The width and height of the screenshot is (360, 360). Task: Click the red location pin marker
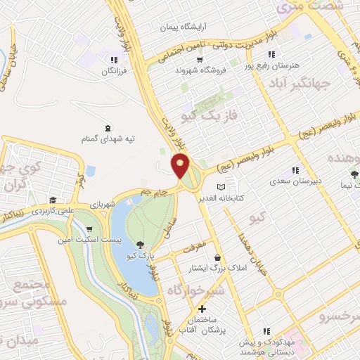pos(181,167)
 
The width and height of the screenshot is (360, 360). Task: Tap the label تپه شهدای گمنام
pos(108,139)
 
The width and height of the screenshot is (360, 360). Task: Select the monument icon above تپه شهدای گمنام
pos(108,128)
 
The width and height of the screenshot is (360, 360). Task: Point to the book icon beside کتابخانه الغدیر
pos(222,187)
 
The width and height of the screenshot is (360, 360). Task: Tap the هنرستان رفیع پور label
pos(271,65)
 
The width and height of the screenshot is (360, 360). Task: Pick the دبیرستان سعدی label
pos(295,181)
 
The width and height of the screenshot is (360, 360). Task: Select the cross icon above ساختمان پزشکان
pos(202,309)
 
